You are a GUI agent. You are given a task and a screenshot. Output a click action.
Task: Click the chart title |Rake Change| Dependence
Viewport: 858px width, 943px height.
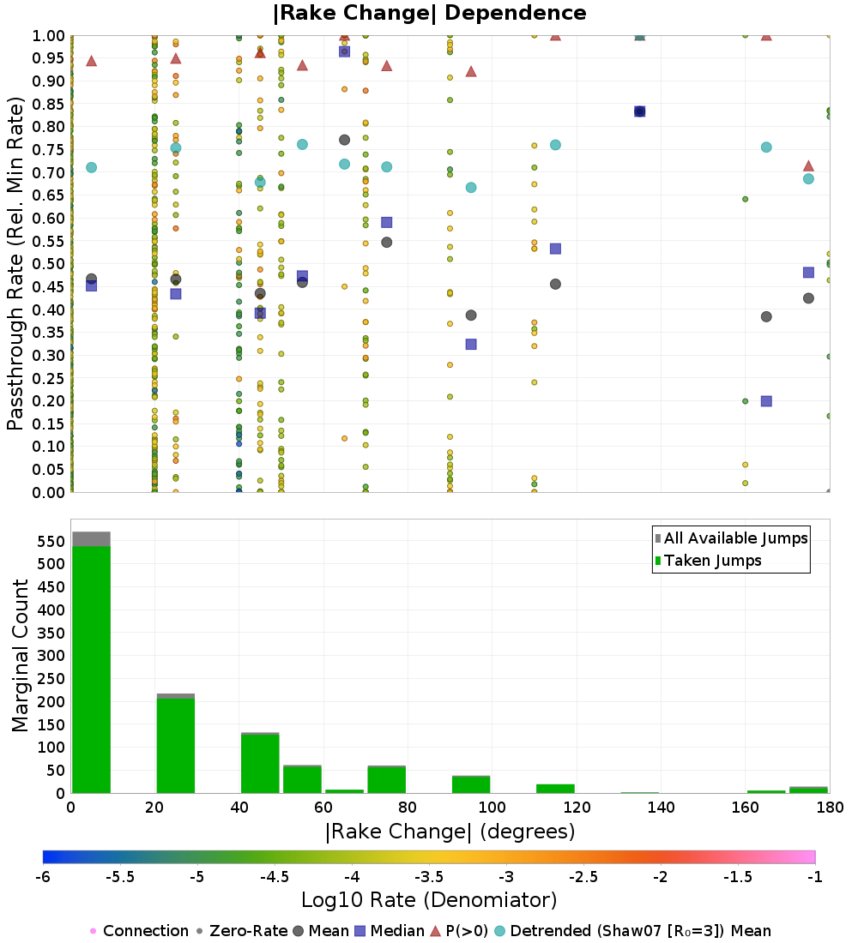(x=429, y=13)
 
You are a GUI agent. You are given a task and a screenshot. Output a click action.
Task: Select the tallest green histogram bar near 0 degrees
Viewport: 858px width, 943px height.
(x=91, y=669)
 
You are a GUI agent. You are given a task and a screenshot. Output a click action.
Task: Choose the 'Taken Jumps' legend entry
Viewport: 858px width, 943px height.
(x=712, y=561)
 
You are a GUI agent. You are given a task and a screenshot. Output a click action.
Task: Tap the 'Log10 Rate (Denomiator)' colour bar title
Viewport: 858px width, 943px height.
(x=429, y=900)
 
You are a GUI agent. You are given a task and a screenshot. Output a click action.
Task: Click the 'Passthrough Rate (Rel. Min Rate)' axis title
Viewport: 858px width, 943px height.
(x=15, y=263)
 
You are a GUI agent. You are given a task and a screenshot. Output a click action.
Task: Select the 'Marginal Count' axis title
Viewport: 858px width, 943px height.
(x=21, y=656)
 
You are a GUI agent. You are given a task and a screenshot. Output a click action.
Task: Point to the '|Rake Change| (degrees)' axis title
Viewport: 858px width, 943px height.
(x=450, y=832)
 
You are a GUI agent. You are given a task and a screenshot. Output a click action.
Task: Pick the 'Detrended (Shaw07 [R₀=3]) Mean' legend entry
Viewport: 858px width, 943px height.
(x=640, y=931)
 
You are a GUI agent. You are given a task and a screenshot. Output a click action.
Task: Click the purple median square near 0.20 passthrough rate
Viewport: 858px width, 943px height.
(x=766, y=400)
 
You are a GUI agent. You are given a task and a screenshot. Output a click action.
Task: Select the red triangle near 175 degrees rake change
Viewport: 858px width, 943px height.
(x=808, y=165)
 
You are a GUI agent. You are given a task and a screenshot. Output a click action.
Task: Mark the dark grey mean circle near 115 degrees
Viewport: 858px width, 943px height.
(x=555, y=284)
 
